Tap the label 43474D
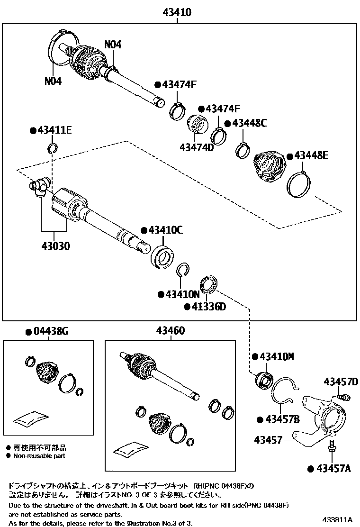click(x=197, y=147)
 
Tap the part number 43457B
click(x=282, y=419)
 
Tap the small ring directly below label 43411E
click(x=53, y=150)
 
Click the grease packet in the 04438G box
click(x=31, y=417)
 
